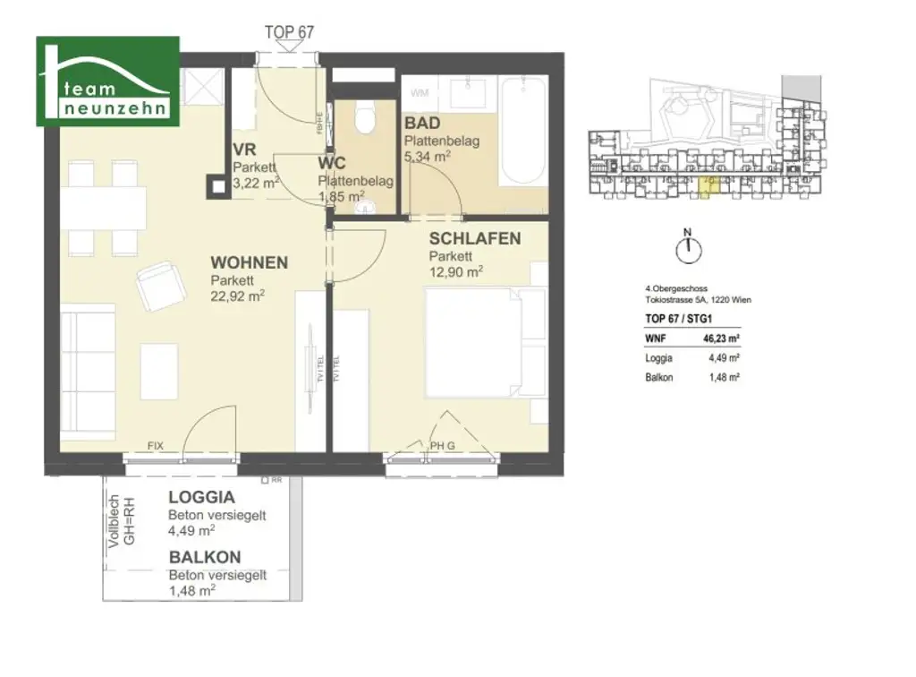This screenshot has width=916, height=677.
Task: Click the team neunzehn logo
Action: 107,81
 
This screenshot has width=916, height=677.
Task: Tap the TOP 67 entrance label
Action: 289,31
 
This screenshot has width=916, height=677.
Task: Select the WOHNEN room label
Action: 249,262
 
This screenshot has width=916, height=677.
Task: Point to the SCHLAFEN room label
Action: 475,238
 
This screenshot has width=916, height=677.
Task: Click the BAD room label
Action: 421,123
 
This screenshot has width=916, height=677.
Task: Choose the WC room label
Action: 333,163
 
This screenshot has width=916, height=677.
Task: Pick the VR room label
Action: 246,150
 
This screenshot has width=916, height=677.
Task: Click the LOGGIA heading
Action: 202,498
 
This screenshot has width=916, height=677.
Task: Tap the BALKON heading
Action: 205,557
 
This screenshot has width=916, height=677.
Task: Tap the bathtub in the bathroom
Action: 523,132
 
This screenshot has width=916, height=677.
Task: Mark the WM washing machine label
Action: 419,93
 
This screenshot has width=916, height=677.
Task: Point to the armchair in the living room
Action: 159,285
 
